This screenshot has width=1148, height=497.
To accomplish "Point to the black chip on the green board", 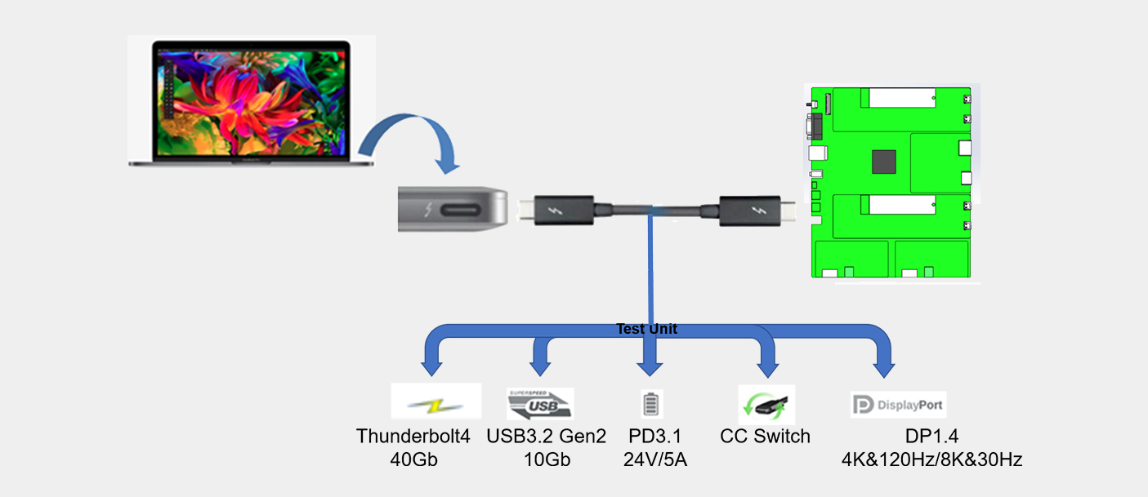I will click(x=883, y=162).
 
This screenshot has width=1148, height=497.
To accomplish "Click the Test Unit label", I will click(x=646, y=330).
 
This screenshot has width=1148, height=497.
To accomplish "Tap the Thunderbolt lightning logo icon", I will click(x=436, y=404).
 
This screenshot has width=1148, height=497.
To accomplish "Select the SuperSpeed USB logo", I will click(x=540, y=404).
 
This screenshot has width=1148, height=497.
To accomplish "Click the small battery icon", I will click(x=650, y=404).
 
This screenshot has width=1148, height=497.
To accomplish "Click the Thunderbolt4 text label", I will click(x=413, y=436).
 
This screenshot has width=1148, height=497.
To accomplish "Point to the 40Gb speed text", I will click(x=414, y=459).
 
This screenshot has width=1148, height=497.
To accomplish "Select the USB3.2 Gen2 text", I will click(x=546, y=436).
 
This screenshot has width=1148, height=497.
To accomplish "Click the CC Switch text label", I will click(x=765, y=436).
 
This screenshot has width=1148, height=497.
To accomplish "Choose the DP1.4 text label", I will click(x=931, y=436).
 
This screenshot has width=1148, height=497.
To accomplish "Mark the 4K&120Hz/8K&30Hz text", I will click(x=931, y=459).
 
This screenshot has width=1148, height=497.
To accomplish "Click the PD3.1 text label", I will click(x=654, y=436).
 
